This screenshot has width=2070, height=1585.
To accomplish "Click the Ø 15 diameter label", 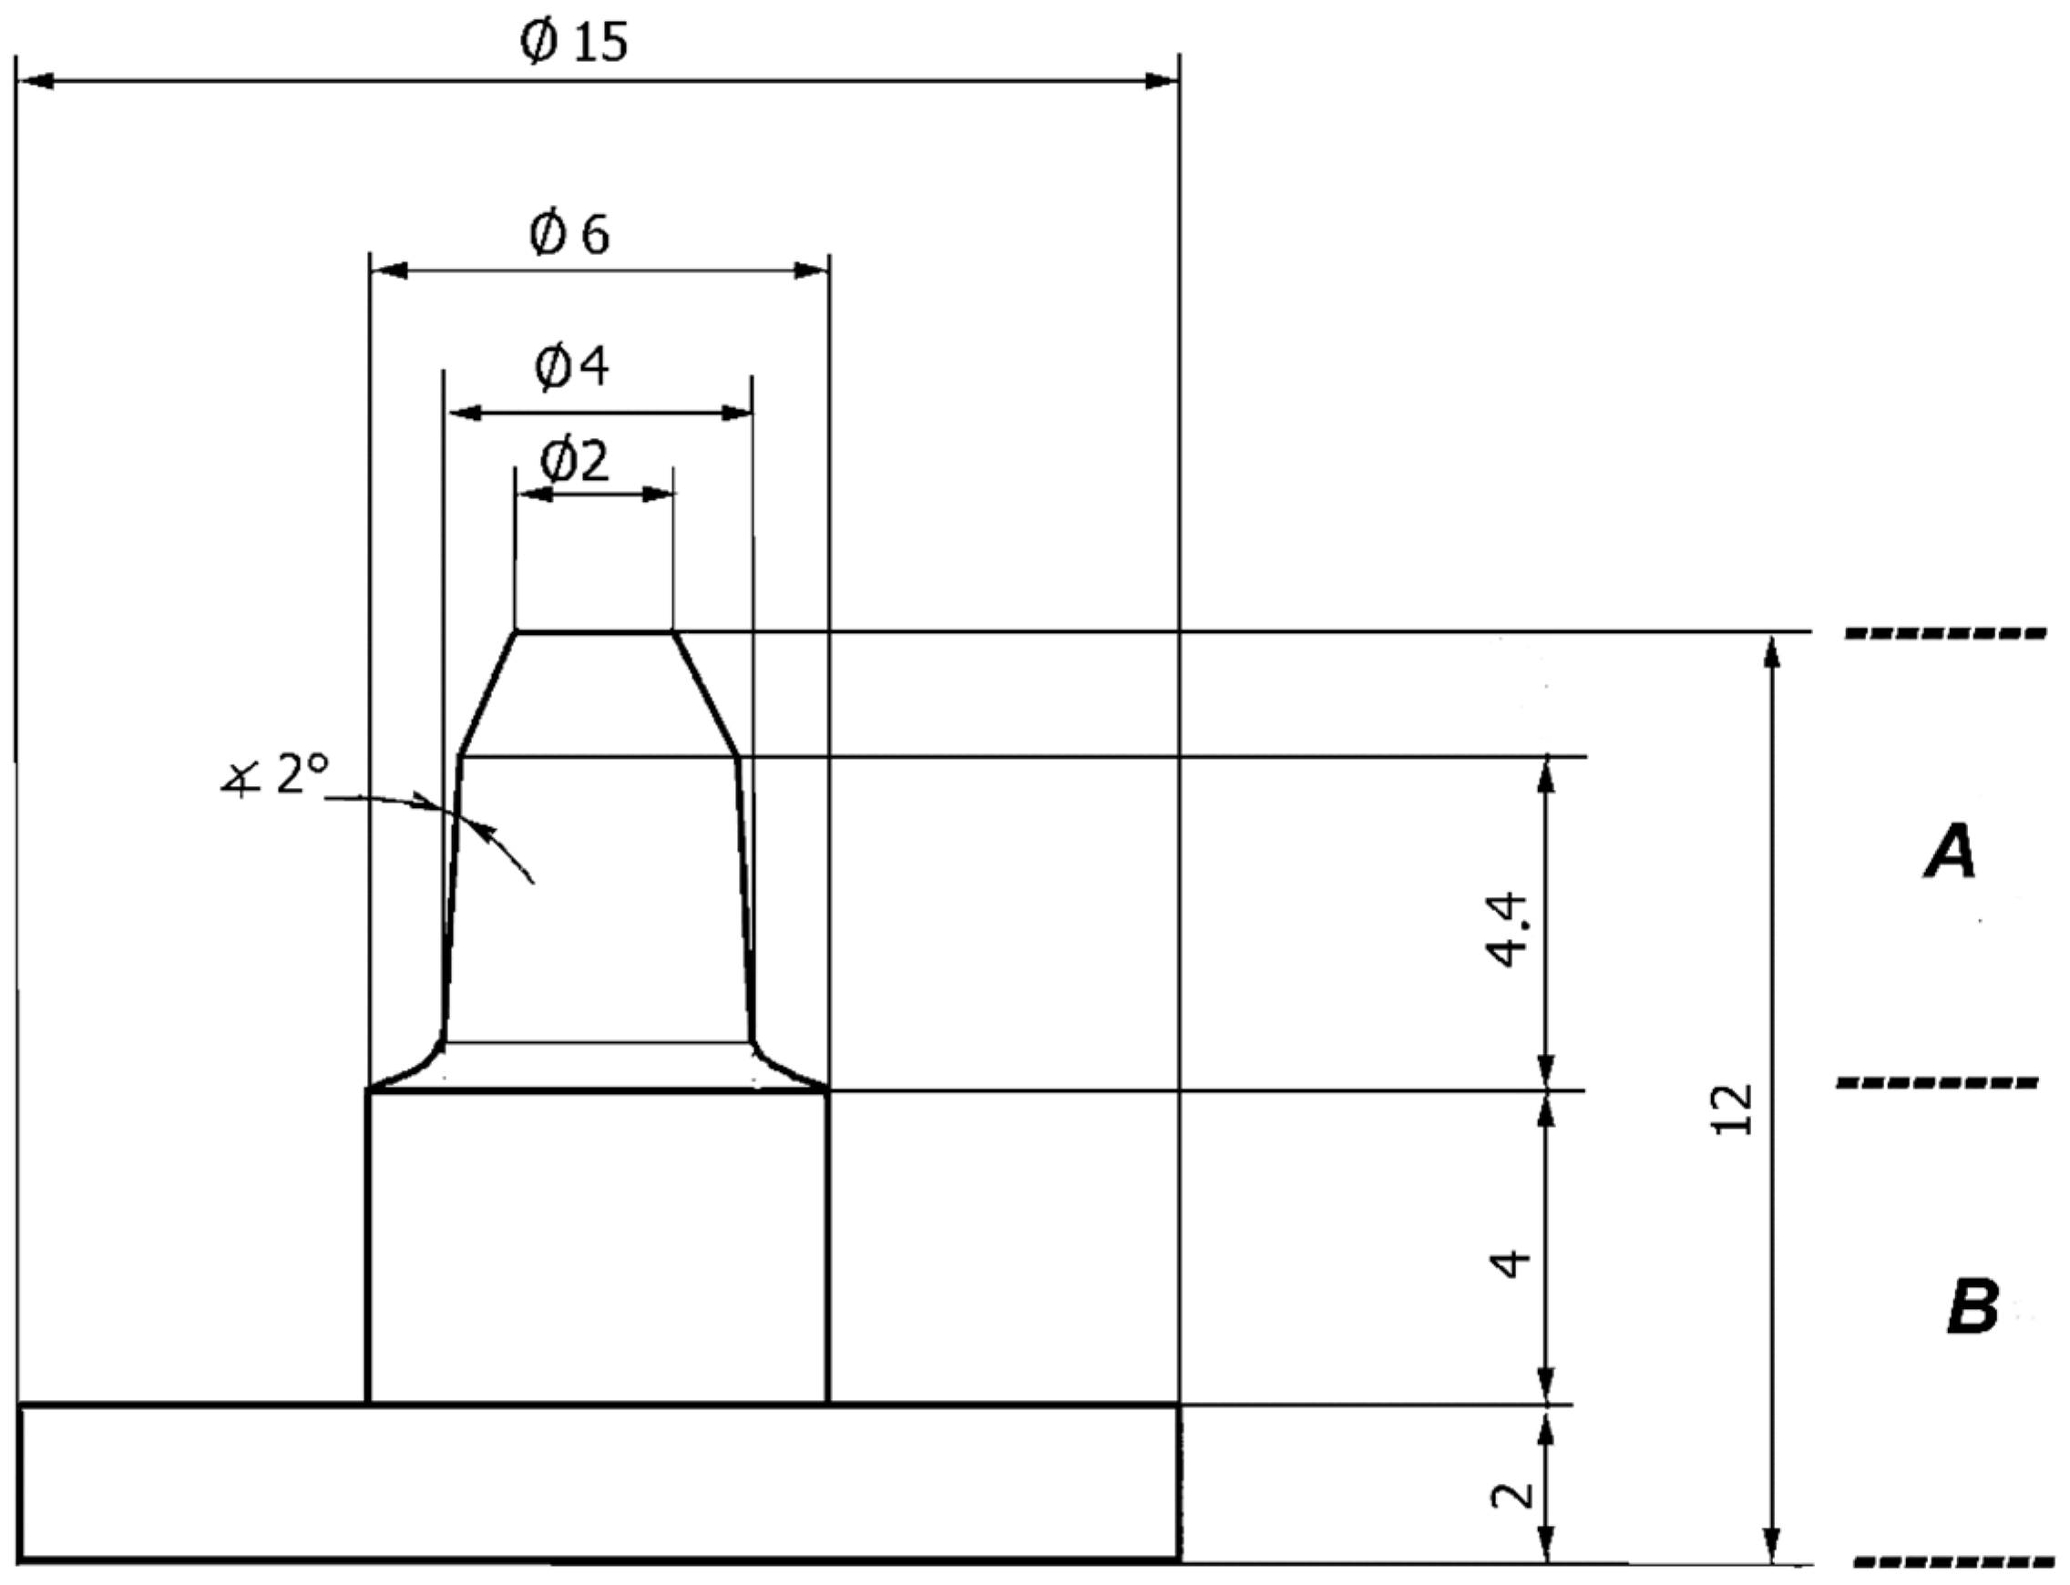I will pos(574,43).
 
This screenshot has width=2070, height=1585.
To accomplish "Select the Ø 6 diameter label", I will pos(569,234).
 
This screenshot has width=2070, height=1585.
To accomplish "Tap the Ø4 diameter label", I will pos(572,366).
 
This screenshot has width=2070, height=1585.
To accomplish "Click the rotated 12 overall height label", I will pos(1732,1109).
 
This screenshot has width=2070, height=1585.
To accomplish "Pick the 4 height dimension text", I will pos(1510,1263).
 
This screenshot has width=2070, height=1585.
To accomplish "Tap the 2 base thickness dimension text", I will pos(1512,1496).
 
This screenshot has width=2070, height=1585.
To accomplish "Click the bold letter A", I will pos(1950,851).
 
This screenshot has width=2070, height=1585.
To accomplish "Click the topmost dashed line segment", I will pos(1945,633).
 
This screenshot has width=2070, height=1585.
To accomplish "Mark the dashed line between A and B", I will pos(1936,1083).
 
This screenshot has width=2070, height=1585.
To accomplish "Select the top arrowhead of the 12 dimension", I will pos(1771,651).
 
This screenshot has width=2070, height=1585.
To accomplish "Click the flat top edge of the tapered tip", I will pos(594,632).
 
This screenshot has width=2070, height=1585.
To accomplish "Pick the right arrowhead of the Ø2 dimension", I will pos(660,495).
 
